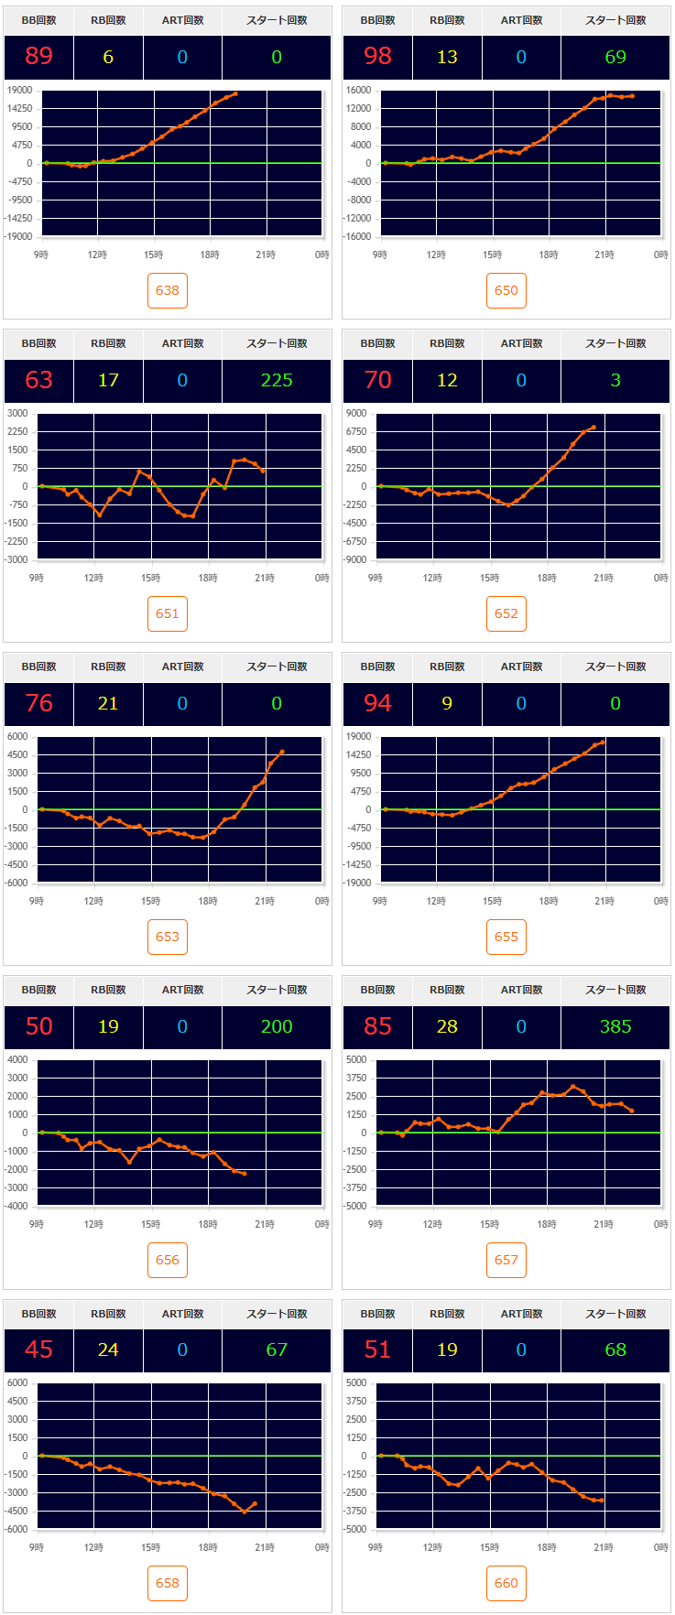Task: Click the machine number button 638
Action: click(168, 290)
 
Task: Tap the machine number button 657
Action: click(506, 1260)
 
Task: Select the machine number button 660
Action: click(506, 1583)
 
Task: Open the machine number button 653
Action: click(168, 937)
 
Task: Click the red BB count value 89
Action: click(38, 57)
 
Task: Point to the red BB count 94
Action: click(377, 703)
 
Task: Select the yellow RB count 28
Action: click(447, 1026)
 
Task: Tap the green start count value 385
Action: click(615, 1026)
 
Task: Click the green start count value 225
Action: click(277, 380)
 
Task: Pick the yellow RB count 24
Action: click(108, 1349)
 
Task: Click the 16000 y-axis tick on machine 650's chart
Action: click(358, 91)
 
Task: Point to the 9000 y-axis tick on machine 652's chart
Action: click(357, 414)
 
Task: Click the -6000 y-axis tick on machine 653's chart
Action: click(16, 883)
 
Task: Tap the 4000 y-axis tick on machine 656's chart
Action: click(18, 1060)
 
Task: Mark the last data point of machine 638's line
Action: click(235, 93)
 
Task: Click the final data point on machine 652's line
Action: click(593, 427)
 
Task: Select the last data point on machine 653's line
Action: click(282, 752)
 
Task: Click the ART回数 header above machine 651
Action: click(182, 343)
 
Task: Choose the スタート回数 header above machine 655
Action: click(615, 667)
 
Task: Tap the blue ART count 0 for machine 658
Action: click(182, 1349)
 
